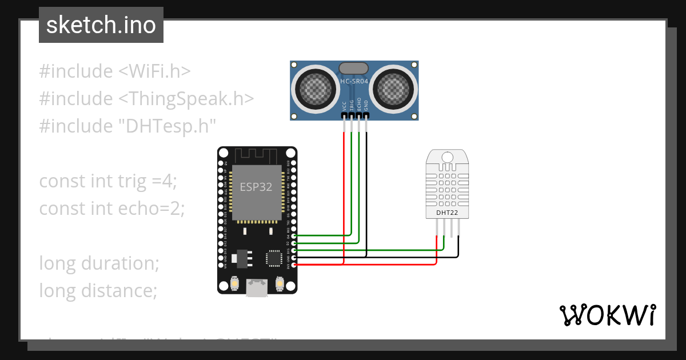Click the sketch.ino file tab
(101, 25)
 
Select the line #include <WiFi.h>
(114, 71)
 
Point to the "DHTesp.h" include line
(128, 125)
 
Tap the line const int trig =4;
(109, 181)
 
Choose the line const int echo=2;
(112, 209)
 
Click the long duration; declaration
(98, 263)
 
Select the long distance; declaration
(98, 291)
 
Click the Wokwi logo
(607, 315)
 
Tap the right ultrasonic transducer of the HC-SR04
(394, 88)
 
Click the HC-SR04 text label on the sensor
(354, 82)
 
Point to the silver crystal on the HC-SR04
(354, 69)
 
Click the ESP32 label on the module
(256, 187)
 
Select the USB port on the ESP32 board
(257, 287)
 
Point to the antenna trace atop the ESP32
(257, 155)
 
